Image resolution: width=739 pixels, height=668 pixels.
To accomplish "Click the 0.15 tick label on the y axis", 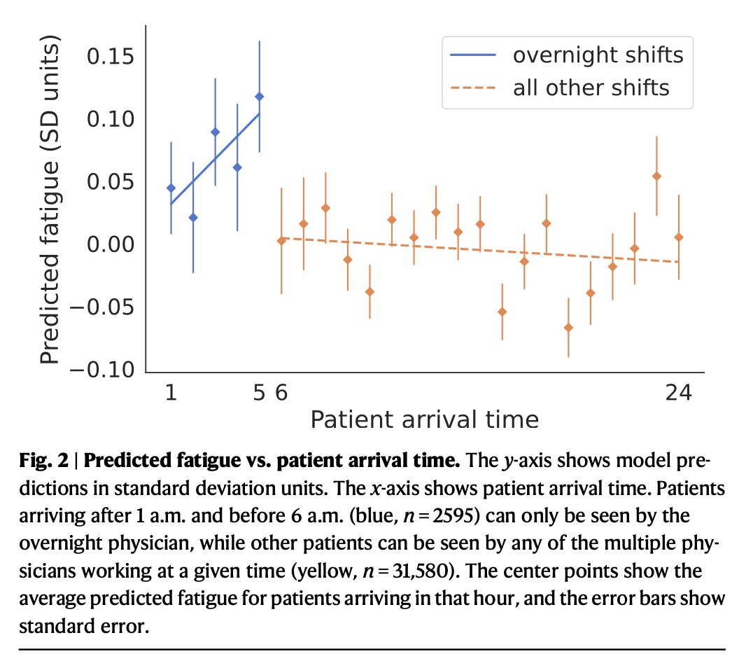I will (x=112, y=56).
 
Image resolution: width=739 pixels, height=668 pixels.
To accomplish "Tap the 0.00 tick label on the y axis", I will (x=112, y=245).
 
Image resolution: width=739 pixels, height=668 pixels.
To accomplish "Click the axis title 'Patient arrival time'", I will (x=424, y=419).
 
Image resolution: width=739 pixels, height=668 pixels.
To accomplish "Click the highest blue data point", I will (x=260, y=97).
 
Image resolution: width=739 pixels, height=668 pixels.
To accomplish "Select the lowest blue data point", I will (x=193, y=218).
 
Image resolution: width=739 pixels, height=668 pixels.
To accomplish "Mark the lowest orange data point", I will (x=568, y=328).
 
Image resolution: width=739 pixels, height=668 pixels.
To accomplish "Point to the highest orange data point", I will (x=656, y=176).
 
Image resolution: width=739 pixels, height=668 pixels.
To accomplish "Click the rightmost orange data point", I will (x=678, y=237).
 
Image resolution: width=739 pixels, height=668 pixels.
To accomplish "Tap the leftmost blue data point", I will (x=171, y=188).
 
